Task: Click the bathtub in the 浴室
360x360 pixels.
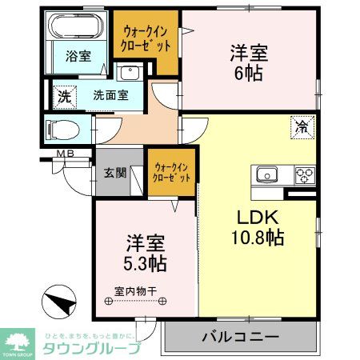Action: pyautogui.click(x=74, y=29)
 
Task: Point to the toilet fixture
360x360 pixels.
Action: pyautogui.click(x=60, y=129)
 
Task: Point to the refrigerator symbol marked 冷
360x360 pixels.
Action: pyautogui.click(x=302, y=126)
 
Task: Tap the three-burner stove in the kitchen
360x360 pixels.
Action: pyautogui.click(x=305, y=174)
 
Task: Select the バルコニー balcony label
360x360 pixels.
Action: pyautogui.click(x=239, y=337)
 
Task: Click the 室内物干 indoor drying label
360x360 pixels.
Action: pyautogui.click(x=135, y=293)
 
